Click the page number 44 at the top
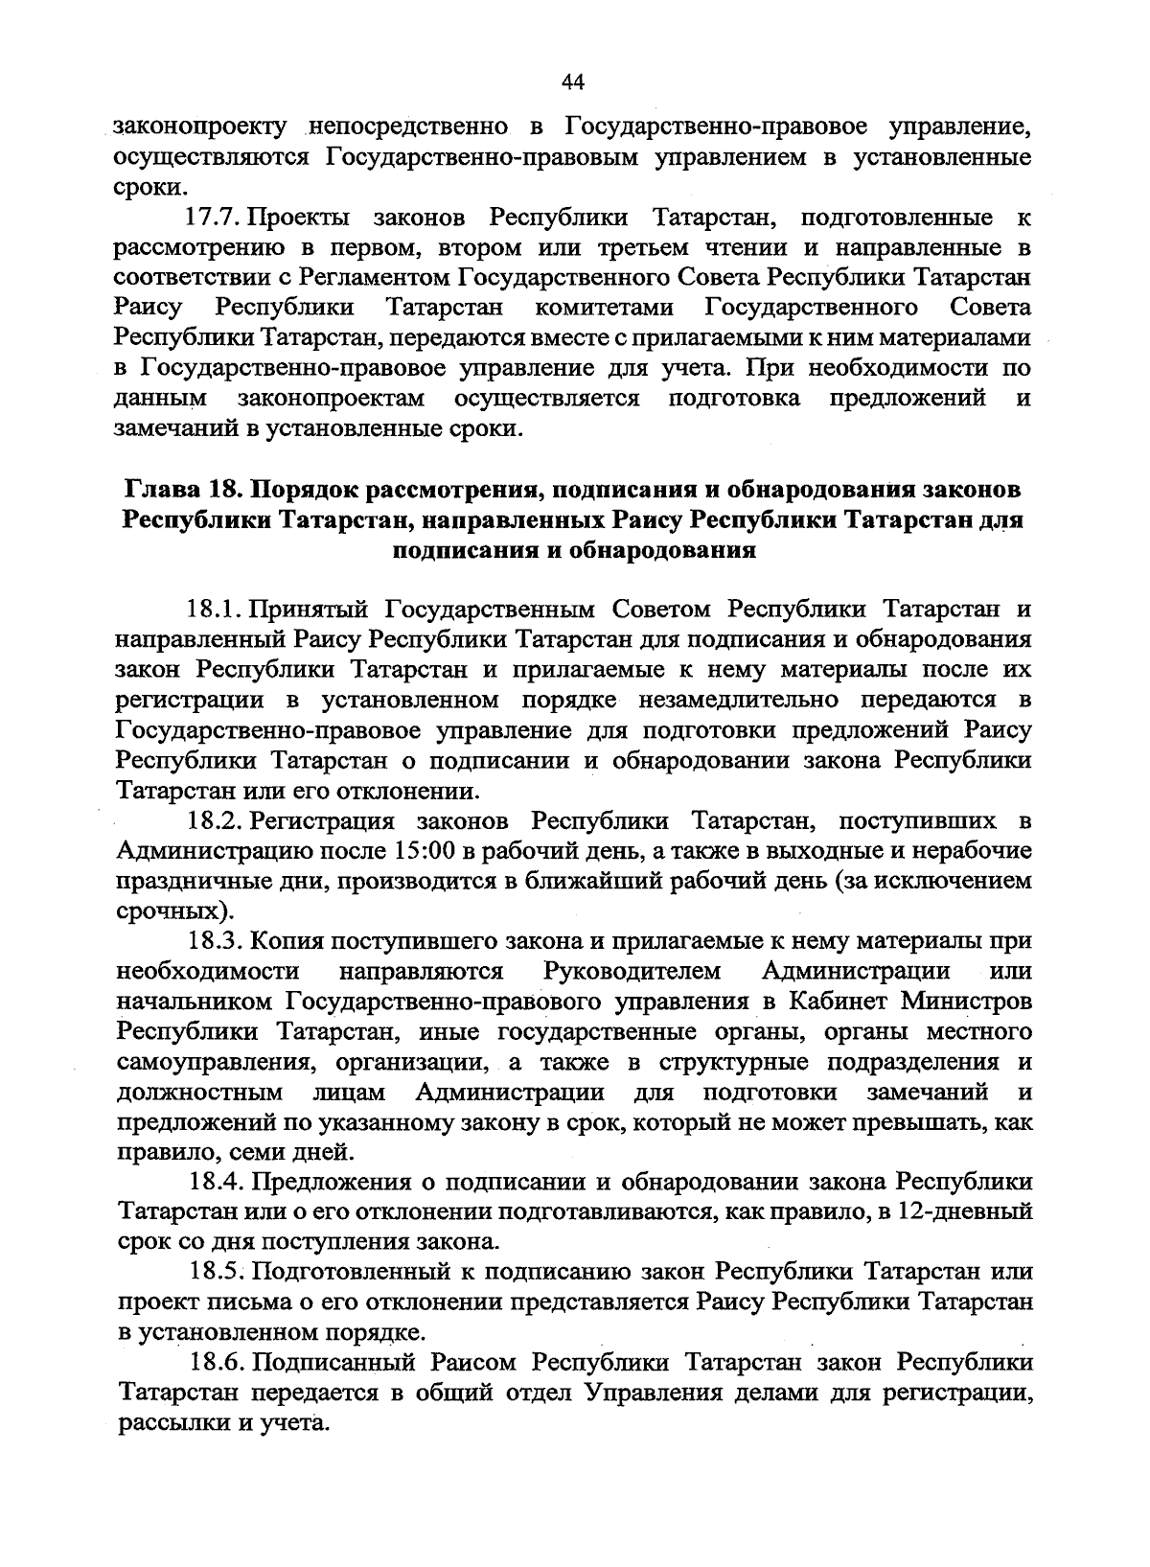pyautogui.click(x=573, y=82)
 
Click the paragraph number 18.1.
pyautogui.click(x=218, y=610)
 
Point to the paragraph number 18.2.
pyautogui.click(x=218, y=821)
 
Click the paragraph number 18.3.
pyautogui.click(x=218, y=942)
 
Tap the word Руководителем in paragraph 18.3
pyautogui.click(x=632, y=972)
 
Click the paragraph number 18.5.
pyautogui.click(x=218, y=1272)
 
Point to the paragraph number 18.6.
pyautogui.click(x=218, y=1362)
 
